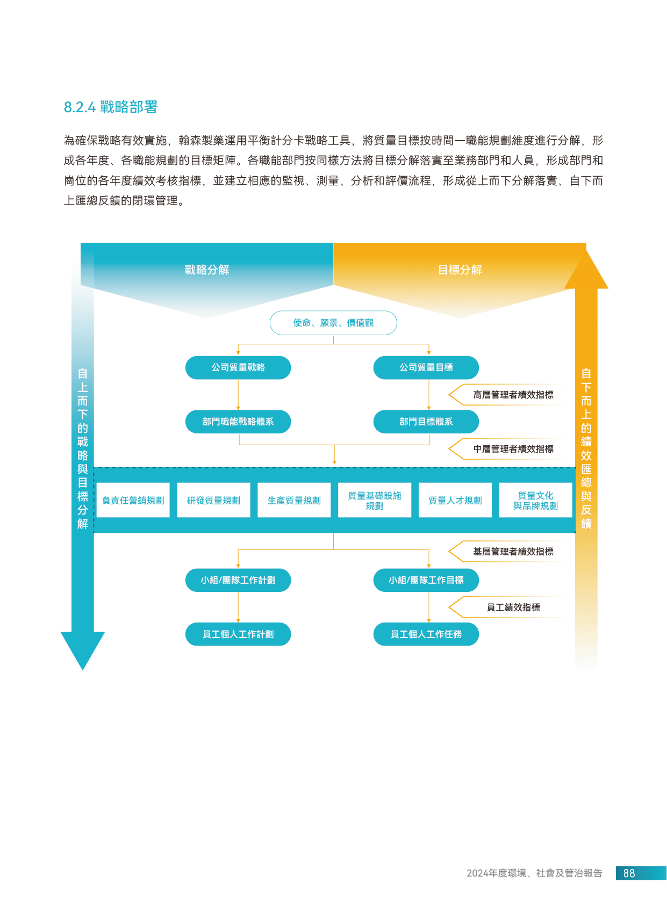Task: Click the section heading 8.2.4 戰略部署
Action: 110,107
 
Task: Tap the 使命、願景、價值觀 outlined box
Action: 333,323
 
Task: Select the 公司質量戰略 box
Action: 238,367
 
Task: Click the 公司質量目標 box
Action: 426,367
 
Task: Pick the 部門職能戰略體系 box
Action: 238,422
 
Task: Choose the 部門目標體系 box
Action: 426,422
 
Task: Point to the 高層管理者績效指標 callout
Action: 513,395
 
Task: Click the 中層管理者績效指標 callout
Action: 513,449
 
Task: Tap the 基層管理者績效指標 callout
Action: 513,552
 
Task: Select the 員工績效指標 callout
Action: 513,607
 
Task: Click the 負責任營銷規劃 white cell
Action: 133,501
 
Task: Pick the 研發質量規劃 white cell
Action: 213,501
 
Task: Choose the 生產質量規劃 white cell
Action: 294,501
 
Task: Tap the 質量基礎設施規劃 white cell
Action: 375,501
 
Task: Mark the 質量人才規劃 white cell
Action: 455,501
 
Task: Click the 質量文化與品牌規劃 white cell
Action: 535,501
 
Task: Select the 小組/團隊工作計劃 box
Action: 238,580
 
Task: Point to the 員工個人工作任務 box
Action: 426,634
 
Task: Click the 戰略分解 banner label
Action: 207,270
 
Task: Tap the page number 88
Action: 629,873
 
